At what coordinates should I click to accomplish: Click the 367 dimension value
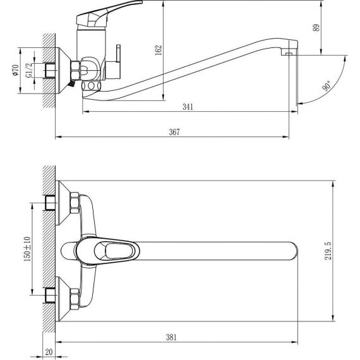(x=174, y=132)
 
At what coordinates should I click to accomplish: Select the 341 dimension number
(x=188, y=107)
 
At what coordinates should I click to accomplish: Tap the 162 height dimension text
(x=159, y=50)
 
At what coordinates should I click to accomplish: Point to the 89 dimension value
(x=316, y=28)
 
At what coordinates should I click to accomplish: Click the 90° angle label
(x=327, y=86)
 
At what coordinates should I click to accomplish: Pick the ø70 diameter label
(x=15, y=70)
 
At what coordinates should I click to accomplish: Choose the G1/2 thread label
(x=30, y=71)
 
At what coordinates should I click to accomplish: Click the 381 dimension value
(x=172, y=337)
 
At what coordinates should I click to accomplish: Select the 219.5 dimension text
(x=328, y=251)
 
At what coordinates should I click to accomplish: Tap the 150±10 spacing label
(x=27, y=249)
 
